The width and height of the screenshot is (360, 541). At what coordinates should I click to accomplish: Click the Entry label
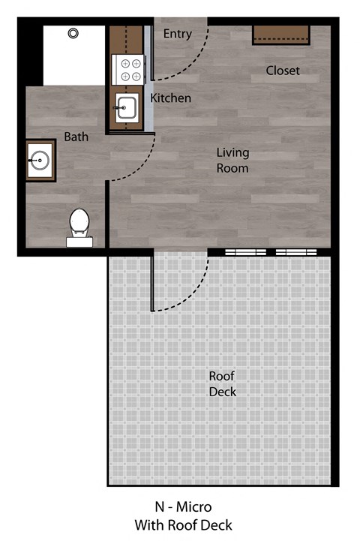click(178, 34)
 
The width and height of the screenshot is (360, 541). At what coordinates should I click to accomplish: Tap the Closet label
click(283, 71)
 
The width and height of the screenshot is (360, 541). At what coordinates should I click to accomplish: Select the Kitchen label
click(171, 98)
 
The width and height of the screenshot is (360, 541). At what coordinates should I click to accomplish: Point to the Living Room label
click(232, 161)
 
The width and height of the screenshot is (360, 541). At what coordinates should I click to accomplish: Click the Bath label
click(76, 137)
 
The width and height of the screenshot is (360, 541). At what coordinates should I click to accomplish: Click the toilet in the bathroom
click(79, 224)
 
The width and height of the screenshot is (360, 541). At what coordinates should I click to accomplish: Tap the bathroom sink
click(40, 158)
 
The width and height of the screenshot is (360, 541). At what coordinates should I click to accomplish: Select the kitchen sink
click(126, 108)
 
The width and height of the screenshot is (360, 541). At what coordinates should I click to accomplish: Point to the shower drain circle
click(73, 33)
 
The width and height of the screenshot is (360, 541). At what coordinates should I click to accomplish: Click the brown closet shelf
click(281, 34)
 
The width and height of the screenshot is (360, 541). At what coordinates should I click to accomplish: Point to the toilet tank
click(79, 241)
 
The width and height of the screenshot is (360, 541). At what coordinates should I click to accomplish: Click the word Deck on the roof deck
click(223, 392)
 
